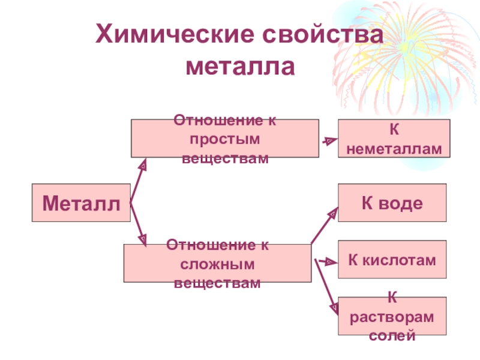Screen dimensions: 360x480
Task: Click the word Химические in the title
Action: tap(174, 34)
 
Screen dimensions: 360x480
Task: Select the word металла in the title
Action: tap(241, 66)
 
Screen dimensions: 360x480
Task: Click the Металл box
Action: tap(81, 203)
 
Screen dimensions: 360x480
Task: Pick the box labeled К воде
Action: tap(392, 203)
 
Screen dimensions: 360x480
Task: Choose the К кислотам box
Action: tap(392, 260)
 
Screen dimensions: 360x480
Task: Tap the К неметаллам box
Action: tap(393, 139)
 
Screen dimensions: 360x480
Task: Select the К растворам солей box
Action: tap(392, 316)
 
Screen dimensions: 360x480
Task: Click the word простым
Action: tap(225, 139)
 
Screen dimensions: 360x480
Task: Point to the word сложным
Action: tap(218, 263)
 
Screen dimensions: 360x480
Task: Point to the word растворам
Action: tap(392, 316)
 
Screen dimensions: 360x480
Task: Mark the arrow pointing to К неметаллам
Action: tap(329, 141)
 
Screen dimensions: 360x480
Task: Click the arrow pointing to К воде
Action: tap(325, 225)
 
